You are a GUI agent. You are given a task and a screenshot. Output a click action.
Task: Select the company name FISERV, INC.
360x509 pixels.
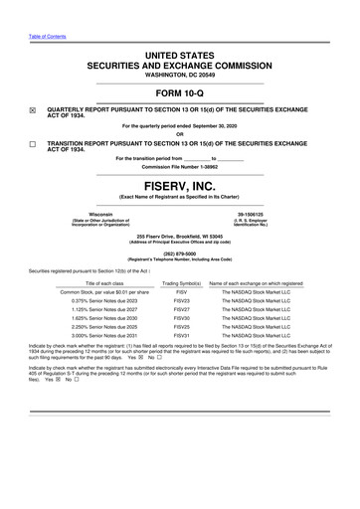click(179, 185)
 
